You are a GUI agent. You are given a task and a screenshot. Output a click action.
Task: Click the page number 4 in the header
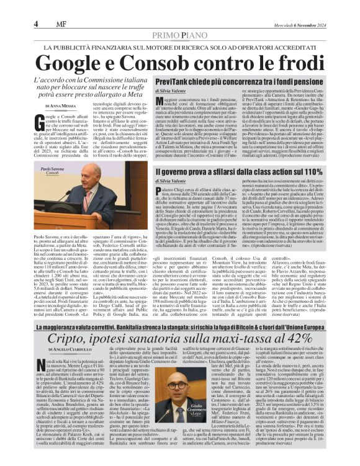36,24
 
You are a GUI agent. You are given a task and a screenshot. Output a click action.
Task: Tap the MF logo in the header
54,24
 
